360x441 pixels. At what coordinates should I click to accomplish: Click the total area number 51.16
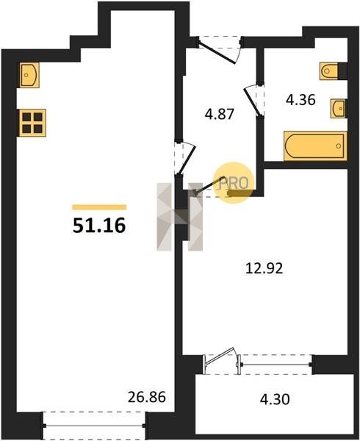pos(99,226)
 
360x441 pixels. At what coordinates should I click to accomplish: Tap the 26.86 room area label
pos(147,397)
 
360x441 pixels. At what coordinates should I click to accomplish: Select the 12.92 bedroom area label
pos(264,268)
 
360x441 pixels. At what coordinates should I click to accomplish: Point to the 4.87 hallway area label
pos(220,115)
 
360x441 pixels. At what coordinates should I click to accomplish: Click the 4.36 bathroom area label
pos(300,100)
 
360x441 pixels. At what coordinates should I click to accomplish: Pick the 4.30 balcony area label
pos(275,399)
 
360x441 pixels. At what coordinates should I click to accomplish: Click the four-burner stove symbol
pos(32,123)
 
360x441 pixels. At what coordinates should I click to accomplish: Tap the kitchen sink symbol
pos(29,75)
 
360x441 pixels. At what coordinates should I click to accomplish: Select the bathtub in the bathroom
pos(315,146)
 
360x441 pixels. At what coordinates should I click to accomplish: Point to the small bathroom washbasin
pos(338,108)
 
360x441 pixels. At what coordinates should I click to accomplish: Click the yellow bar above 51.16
pos(99,207)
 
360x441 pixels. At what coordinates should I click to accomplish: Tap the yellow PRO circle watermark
pos(234,182)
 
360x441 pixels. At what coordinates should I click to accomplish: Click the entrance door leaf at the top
pos(217,53)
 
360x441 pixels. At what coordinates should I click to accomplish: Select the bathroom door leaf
pos(252,101)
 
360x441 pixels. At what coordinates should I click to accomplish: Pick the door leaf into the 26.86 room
pos(187,159)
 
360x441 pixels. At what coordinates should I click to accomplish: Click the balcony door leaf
pos(220,356)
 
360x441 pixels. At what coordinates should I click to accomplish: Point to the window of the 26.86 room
pos(94,426)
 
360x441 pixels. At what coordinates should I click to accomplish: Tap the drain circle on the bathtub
pos(339,146)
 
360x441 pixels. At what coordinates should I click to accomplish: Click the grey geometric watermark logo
pos(180,217)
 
